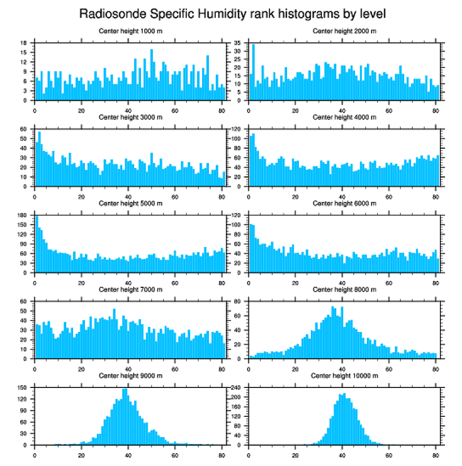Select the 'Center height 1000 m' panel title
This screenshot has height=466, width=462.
130,31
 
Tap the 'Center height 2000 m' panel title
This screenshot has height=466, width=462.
344,31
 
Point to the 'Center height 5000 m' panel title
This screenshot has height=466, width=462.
130,203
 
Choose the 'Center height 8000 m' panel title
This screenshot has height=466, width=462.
344,290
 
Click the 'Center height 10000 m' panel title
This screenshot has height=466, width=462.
344,376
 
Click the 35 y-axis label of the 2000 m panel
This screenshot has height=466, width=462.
238,43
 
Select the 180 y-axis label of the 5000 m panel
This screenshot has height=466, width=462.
23,215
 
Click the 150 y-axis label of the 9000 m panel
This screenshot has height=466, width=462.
23,388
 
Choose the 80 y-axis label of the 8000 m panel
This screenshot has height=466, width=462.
238,301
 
